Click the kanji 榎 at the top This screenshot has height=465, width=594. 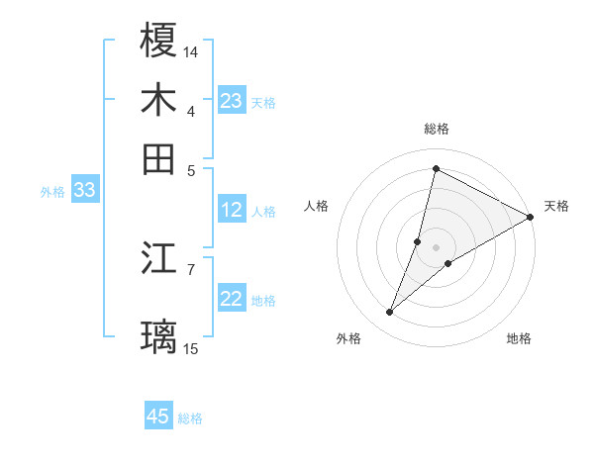click(158, 41)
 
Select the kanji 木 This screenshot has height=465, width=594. click(158, 100)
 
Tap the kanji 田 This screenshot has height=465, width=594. click(158, 158)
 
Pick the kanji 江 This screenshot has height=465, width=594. click(158, 259)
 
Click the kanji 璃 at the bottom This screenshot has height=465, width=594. click(158, 336)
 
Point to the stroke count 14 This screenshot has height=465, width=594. click(191, 50)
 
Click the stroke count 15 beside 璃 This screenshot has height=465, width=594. click(191, 348)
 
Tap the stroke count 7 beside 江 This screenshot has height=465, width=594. click(191, 269)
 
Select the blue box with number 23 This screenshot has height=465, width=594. click(232, 101)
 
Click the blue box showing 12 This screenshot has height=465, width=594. click(232, 210)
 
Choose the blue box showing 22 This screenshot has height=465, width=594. click(232, 300)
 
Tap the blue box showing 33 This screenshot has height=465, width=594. click(84, 191)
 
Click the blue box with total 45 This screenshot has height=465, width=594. click(158, 417)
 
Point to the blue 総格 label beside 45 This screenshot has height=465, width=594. click(190, 418)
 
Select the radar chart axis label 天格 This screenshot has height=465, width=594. click(556, 206)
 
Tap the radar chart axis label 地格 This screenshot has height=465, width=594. click(519, 339)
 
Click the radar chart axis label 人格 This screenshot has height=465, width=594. click(316, 206)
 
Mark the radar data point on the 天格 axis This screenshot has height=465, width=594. click(530, 217)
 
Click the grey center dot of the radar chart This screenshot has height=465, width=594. click(436, 246)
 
